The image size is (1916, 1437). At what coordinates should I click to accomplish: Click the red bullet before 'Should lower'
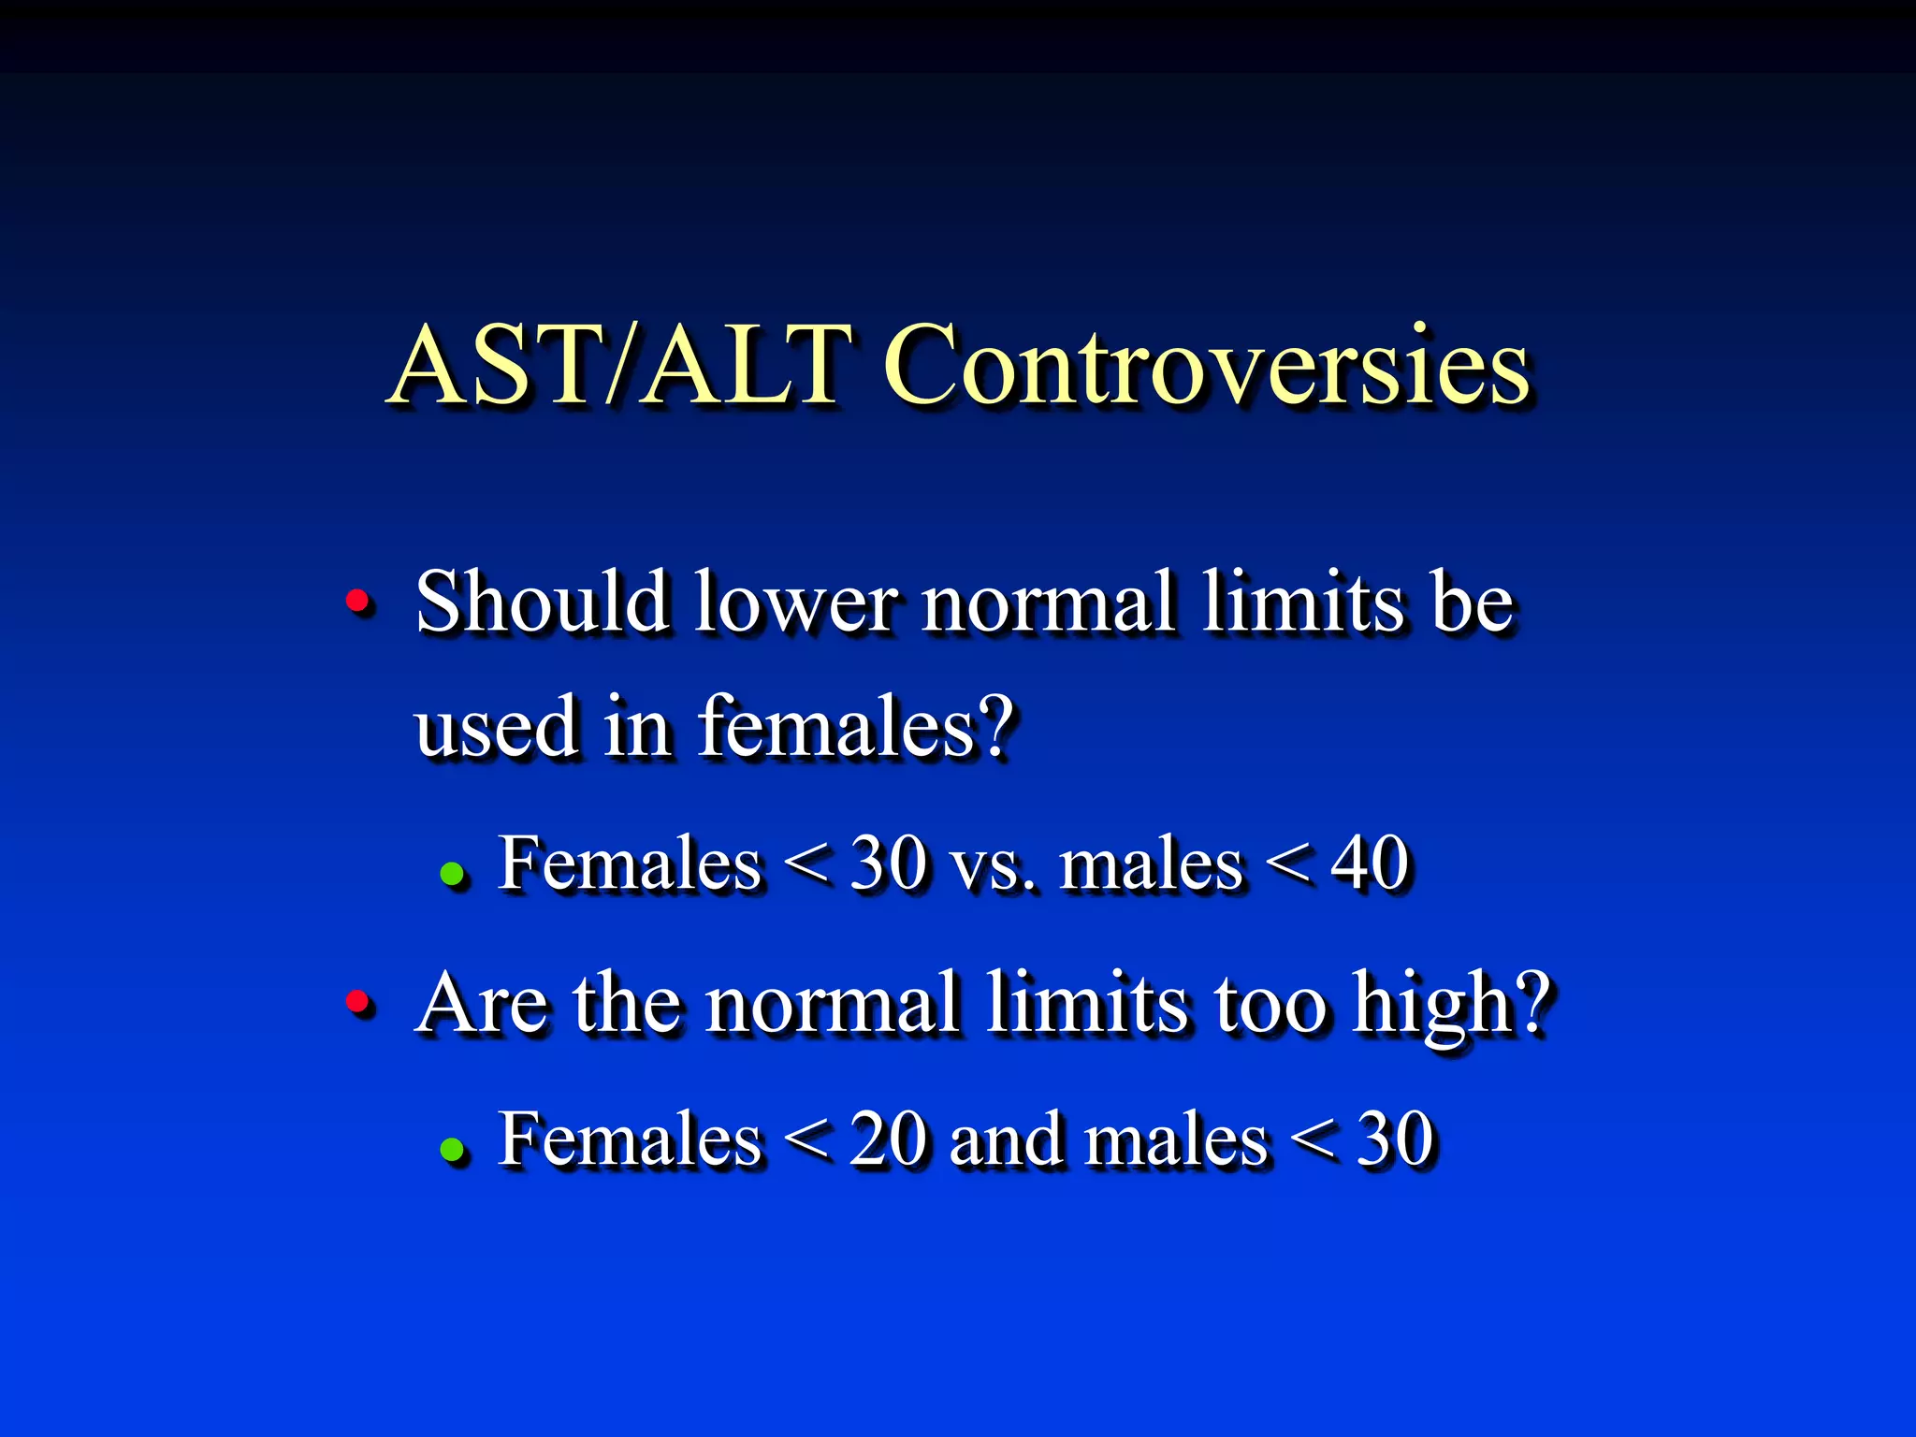click(x=357, y=601)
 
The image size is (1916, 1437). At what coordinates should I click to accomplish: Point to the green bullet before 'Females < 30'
click(x=453, y=874)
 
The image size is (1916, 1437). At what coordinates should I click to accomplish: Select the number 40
click(x=1369, y=863)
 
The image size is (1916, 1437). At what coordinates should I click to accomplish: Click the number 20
click(x=888, y=1139)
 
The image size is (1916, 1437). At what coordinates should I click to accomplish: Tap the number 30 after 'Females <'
click(x=888, y=863)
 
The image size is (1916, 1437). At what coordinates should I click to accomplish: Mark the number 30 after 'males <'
click(x=1395, y=1139)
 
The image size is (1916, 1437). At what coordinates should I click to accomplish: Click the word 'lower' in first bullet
click(x=796, y=602)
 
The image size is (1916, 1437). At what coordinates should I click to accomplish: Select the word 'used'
click(x=496, y=728)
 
